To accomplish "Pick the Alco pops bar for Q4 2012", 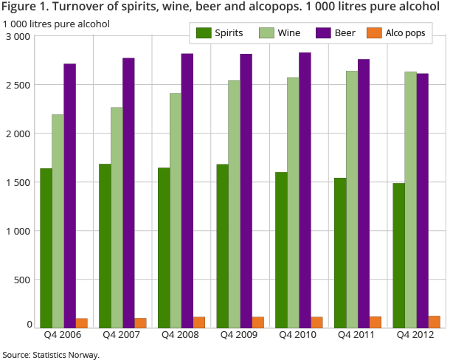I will [435, 322].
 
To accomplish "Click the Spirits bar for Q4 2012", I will [399, 255].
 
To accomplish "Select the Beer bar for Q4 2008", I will [187, 190].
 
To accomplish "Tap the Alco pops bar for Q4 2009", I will [258, 322].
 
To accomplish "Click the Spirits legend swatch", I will [204, 33].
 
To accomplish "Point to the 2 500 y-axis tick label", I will [18, 85].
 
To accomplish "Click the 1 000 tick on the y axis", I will [18, 231].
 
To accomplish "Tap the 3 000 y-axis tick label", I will [18, 36].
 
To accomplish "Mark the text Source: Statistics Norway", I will [50, 354].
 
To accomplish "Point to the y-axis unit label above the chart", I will [56, 24].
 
